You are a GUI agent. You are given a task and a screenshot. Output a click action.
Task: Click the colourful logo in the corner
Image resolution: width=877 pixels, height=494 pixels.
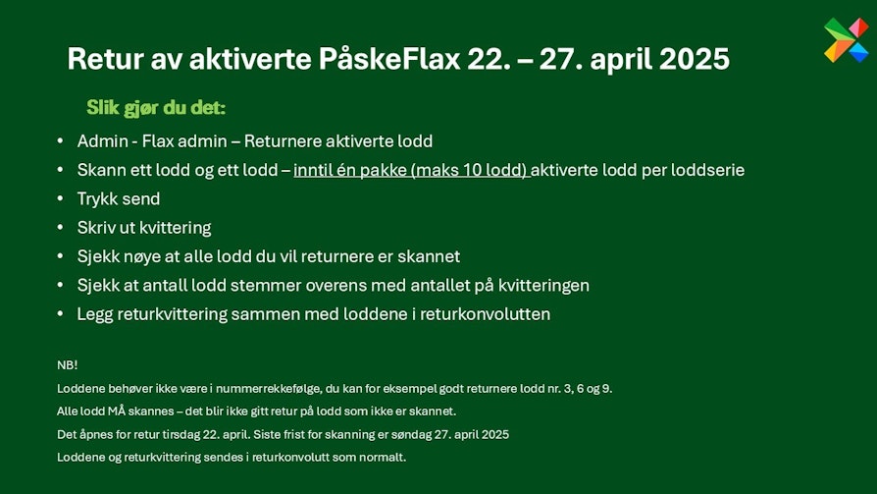[x=847, y=39]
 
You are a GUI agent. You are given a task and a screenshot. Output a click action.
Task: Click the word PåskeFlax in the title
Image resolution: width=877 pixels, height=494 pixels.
[x=389, y=59]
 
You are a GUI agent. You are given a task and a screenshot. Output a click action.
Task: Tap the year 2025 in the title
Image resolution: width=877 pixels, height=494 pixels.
[x=695, y=59]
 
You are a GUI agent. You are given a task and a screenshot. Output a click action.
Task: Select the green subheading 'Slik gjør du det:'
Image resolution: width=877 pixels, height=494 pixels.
[x=156, y=107]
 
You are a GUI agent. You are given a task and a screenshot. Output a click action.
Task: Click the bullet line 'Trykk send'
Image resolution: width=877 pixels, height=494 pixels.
[x=119, y=198]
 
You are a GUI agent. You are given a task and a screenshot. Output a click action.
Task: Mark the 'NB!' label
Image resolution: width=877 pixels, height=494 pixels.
[x=67, y=365]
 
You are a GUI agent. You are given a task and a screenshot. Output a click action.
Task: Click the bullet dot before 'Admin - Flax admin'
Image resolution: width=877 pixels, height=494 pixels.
[x=61, y=141]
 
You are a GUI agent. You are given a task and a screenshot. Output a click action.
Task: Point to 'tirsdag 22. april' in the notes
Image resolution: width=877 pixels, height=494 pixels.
[x=205, y=435]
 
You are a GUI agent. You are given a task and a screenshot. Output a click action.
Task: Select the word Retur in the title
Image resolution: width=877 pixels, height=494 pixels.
[x=105, y=59]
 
